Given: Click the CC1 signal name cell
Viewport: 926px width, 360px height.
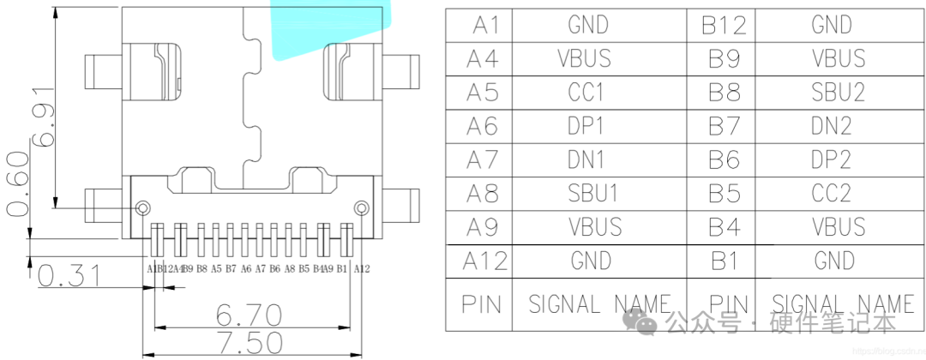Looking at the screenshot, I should (x=586, y=92).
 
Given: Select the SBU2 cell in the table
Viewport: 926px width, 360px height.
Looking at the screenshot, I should (x=838, y=92).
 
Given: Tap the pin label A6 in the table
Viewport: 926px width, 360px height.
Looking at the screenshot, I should (x=482, y=126).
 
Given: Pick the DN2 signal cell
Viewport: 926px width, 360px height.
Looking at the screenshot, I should (x=831, y=126).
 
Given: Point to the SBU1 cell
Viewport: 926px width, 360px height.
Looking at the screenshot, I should (x=592, y=194).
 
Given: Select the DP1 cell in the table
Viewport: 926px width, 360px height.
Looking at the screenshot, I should (x=586, y=126).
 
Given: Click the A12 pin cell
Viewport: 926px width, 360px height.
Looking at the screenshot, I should (x=484, y=261).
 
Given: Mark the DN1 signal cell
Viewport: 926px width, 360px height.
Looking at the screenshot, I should (x=586, y=159).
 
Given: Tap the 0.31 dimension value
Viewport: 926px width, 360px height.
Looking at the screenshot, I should (x=69, y=276).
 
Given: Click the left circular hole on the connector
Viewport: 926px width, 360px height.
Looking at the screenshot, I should (x=143, y=207).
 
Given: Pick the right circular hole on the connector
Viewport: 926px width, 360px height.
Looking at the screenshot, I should (x=362, y=207).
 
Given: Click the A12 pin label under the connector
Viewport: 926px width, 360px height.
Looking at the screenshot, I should (x=361, y=268).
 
